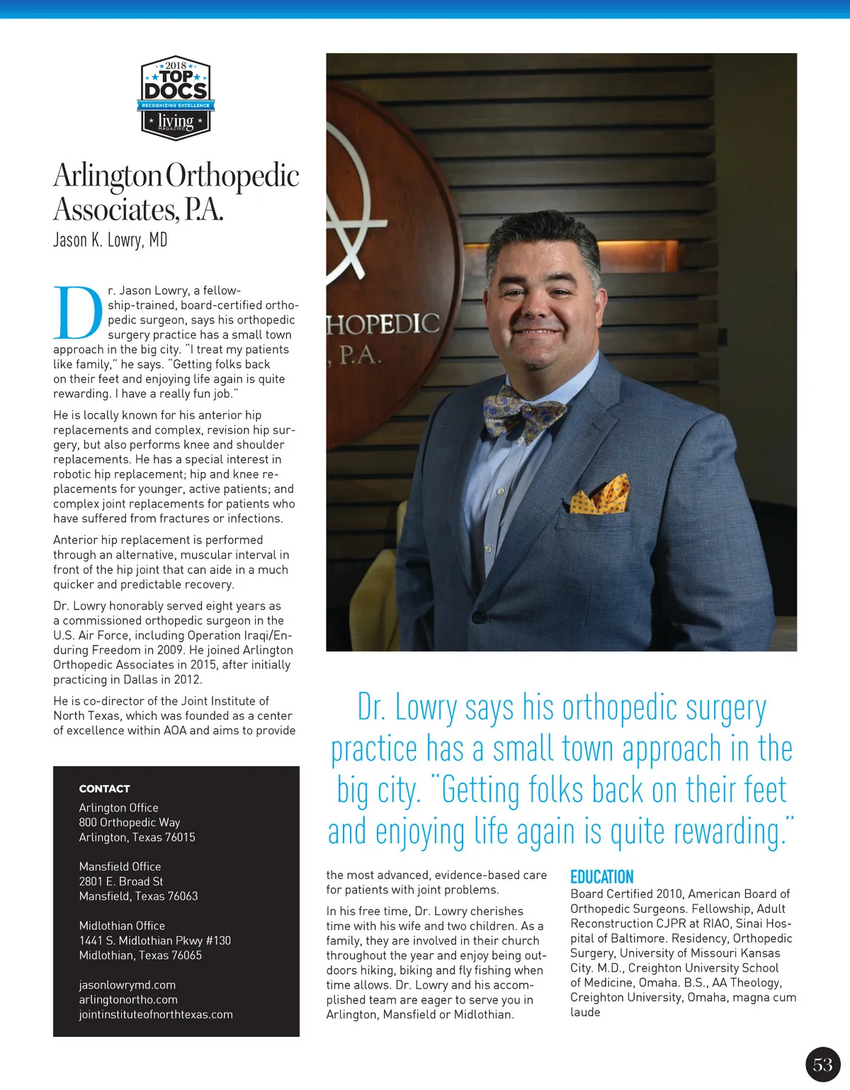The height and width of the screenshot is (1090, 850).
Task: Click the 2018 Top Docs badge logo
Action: click(176, 98)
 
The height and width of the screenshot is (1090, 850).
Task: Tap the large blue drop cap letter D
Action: click(77, 313)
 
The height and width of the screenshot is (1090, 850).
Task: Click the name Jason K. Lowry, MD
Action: click(110, 240)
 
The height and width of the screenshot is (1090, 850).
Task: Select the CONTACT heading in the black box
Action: click(104, 789)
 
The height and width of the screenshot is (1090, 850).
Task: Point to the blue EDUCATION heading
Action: click(601, 877)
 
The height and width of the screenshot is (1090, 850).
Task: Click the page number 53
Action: click(822, 1064)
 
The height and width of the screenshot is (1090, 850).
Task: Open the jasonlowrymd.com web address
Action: click(127, 985)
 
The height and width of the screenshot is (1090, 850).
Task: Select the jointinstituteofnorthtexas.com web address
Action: click(156, 1014)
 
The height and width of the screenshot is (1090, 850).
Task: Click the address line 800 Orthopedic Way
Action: click(130, 822)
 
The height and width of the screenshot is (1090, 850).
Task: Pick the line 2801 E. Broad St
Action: click(121, 882)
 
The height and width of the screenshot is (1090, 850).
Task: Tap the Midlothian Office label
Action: click(122, 926)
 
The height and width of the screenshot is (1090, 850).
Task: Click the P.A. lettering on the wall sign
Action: click(360, 354)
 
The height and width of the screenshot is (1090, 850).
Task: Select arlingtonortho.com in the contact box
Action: click(128, 999)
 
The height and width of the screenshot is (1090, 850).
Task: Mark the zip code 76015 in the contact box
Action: click(180, 837)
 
